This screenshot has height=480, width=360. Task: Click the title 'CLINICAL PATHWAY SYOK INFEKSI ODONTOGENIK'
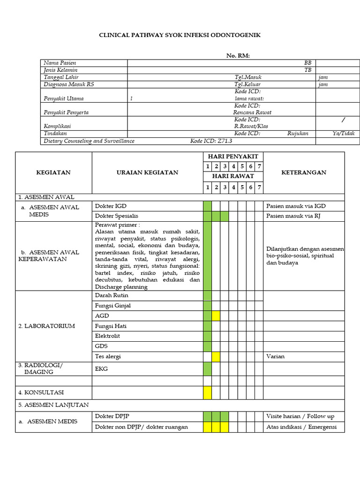coord(180,35)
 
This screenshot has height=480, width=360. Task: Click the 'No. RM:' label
coord(238,56)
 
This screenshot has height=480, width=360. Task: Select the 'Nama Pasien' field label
coord(60,63)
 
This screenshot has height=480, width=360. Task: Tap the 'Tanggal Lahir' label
coord(61,77)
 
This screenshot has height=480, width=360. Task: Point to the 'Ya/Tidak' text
coord(344,134)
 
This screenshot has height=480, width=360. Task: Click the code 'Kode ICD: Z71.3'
coord(211,141)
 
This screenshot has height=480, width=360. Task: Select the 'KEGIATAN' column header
coord(53,172)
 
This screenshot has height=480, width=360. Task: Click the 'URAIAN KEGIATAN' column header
coord(147,172)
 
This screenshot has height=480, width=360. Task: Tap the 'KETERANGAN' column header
coord(303,172)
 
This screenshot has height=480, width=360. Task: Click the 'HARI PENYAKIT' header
coord(233,157)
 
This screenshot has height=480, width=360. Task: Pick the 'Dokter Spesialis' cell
coord(117,216)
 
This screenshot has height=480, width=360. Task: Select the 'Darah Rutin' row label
coord(112,296)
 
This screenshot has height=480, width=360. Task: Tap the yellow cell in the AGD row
coord(216,316)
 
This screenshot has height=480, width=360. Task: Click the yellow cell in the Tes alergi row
coord(216,357)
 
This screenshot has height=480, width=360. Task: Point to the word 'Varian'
coord(275,357)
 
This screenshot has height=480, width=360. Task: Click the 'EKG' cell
coord(101,369)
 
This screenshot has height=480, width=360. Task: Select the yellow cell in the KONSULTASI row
coord(207,392)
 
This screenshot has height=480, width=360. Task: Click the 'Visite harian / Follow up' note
coord(300,416)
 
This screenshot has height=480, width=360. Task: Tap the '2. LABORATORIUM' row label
coord(46,326)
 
